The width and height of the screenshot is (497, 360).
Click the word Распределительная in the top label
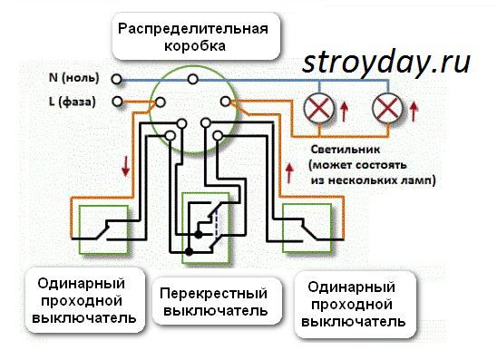[192, 27]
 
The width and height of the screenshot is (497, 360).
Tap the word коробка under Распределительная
[191, 44]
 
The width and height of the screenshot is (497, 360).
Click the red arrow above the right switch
[291, 170]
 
